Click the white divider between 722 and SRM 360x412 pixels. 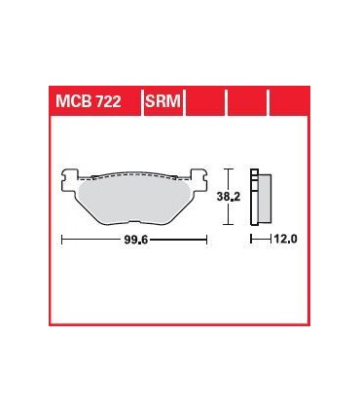point(139,100)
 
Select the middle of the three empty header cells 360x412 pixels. point(247,100)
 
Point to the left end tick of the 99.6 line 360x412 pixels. point(62,238)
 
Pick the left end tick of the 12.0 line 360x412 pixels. point(252,238)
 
